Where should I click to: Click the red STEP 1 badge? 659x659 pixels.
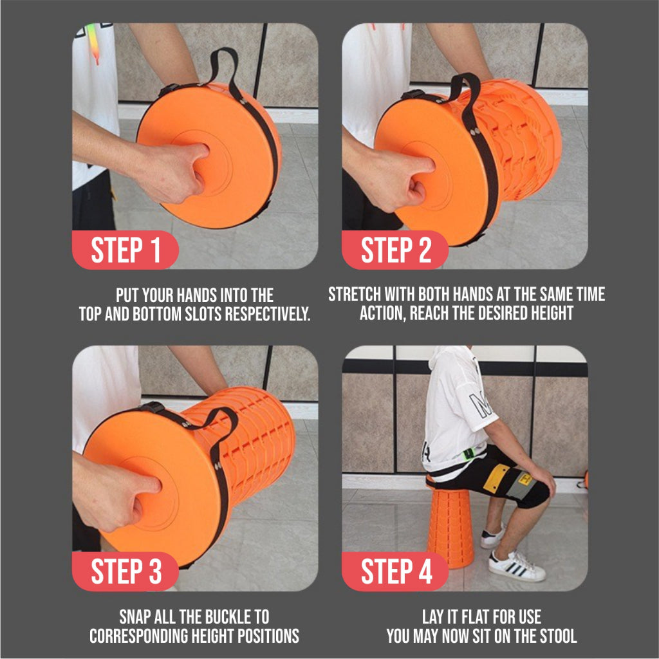point(125,250)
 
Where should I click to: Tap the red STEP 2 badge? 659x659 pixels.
point(395,250)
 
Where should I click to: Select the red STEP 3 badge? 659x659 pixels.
point(125,571)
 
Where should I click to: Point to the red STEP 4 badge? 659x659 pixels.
point(395,571)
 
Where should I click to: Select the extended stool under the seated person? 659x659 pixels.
point(450,528)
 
